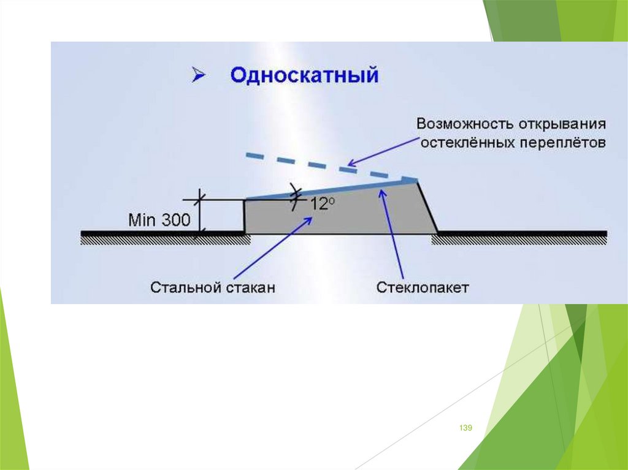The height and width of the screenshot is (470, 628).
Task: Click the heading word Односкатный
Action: pyautogui.click(x=304, y=76)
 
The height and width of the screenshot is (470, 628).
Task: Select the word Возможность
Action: pyautogui.click(x=462, y=123)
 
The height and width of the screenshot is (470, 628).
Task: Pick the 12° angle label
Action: pyautogui.click(x=321, y=204)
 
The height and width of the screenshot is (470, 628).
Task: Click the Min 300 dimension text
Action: pyautogui.click(x=159, y=220)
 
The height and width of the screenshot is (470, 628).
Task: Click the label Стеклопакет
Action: pyautogui.click(x=423, y=287)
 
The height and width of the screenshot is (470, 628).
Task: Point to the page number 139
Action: pyautogui.click(x=465, y=428)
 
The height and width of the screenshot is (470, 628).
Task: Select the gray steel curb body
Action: pyautogui.click(x=343, y=214)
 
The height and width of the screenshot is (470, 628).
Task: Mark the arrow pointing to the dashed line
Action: pyautogui.click(x=380, y=150)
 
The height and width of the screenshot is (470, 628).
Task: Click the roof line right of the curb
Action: pyautogui.click(x=521, y=233)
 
